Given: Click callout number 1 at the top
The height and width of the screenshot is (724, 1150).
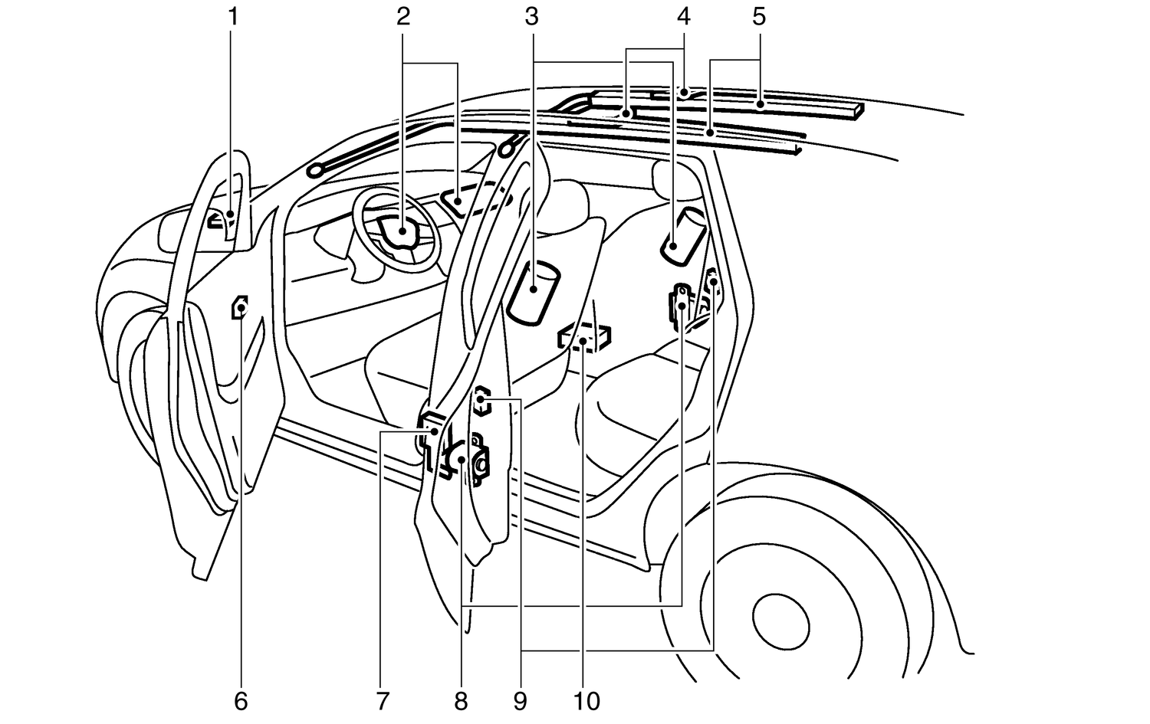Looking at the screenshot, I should pyautogui.click(x=233, y=16).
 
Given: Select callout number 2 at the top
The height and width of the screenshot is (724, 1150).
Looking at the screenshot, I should pyautogui.click(x=404, y=16).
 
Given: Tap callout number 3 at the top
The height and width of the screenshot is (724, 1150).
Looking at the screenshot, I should pyautogui.click(x=531, y=16).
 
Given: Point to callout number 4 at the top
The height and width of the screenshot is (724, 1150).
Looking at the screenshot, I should pyautogui.click(x=683, y=16).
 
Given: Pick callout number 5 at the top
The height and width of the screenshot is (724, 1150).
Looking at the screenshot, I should pyautogui.click(x=759, y=16).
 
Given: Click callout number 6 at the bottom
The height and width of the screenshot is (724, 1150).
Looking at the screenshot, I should pyautogui.click(x=241, y=701).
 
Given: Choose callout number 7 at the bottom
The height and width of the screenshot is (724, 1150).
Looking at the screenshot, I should pyautogui.click(x=383, y=701).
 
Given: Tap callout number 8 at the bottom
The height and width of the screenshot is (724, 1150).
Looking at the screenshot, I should pyautogui.click(x=461, y=701).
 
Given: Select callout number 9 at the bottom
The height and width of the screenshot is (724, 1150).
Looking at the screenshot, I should pyautogui.click(x=521, y=701).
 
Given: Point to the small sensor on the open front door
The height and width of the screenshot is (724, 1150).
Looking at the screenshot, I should pyautogui.click(x=241, y=307).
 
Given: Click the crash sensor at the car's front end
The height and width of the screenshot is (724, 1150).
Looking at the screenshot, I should pyautogui.click(x=221, y=222).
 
